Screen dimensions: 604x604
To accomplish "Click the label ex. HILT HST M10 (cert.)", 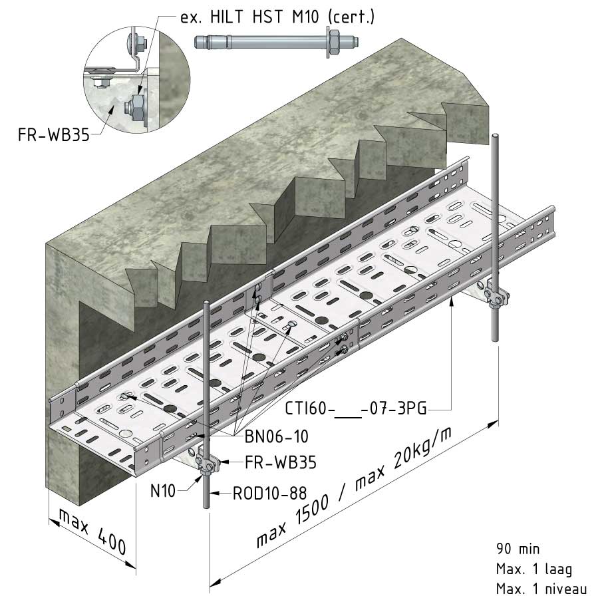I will tap(277, 17).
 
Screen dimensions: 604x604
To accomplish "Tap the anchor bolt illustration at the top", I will tap(266, 43).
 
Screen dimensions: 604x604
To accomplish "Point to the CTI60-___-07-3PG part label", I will tap(356, 408).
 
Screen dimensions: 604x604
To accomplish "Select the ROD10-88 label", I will tap(269, 493).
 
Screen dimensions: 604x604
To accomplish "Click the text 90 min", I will tap(518, 549).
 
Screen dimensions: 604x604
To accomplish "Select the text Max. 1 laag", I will tap(534, 569).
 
